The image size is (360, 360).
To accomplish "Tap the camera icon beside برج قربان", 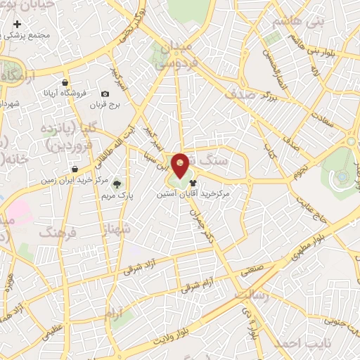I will pos(105,94).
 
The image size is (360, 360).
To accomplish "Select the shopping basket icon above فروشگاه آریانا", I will pos(65,82).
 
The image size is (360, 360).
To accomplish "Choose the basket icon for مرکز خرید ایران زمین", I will pos(75,169).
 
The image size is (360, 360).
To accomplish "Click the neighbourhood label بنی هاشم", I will pos(300,22).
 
